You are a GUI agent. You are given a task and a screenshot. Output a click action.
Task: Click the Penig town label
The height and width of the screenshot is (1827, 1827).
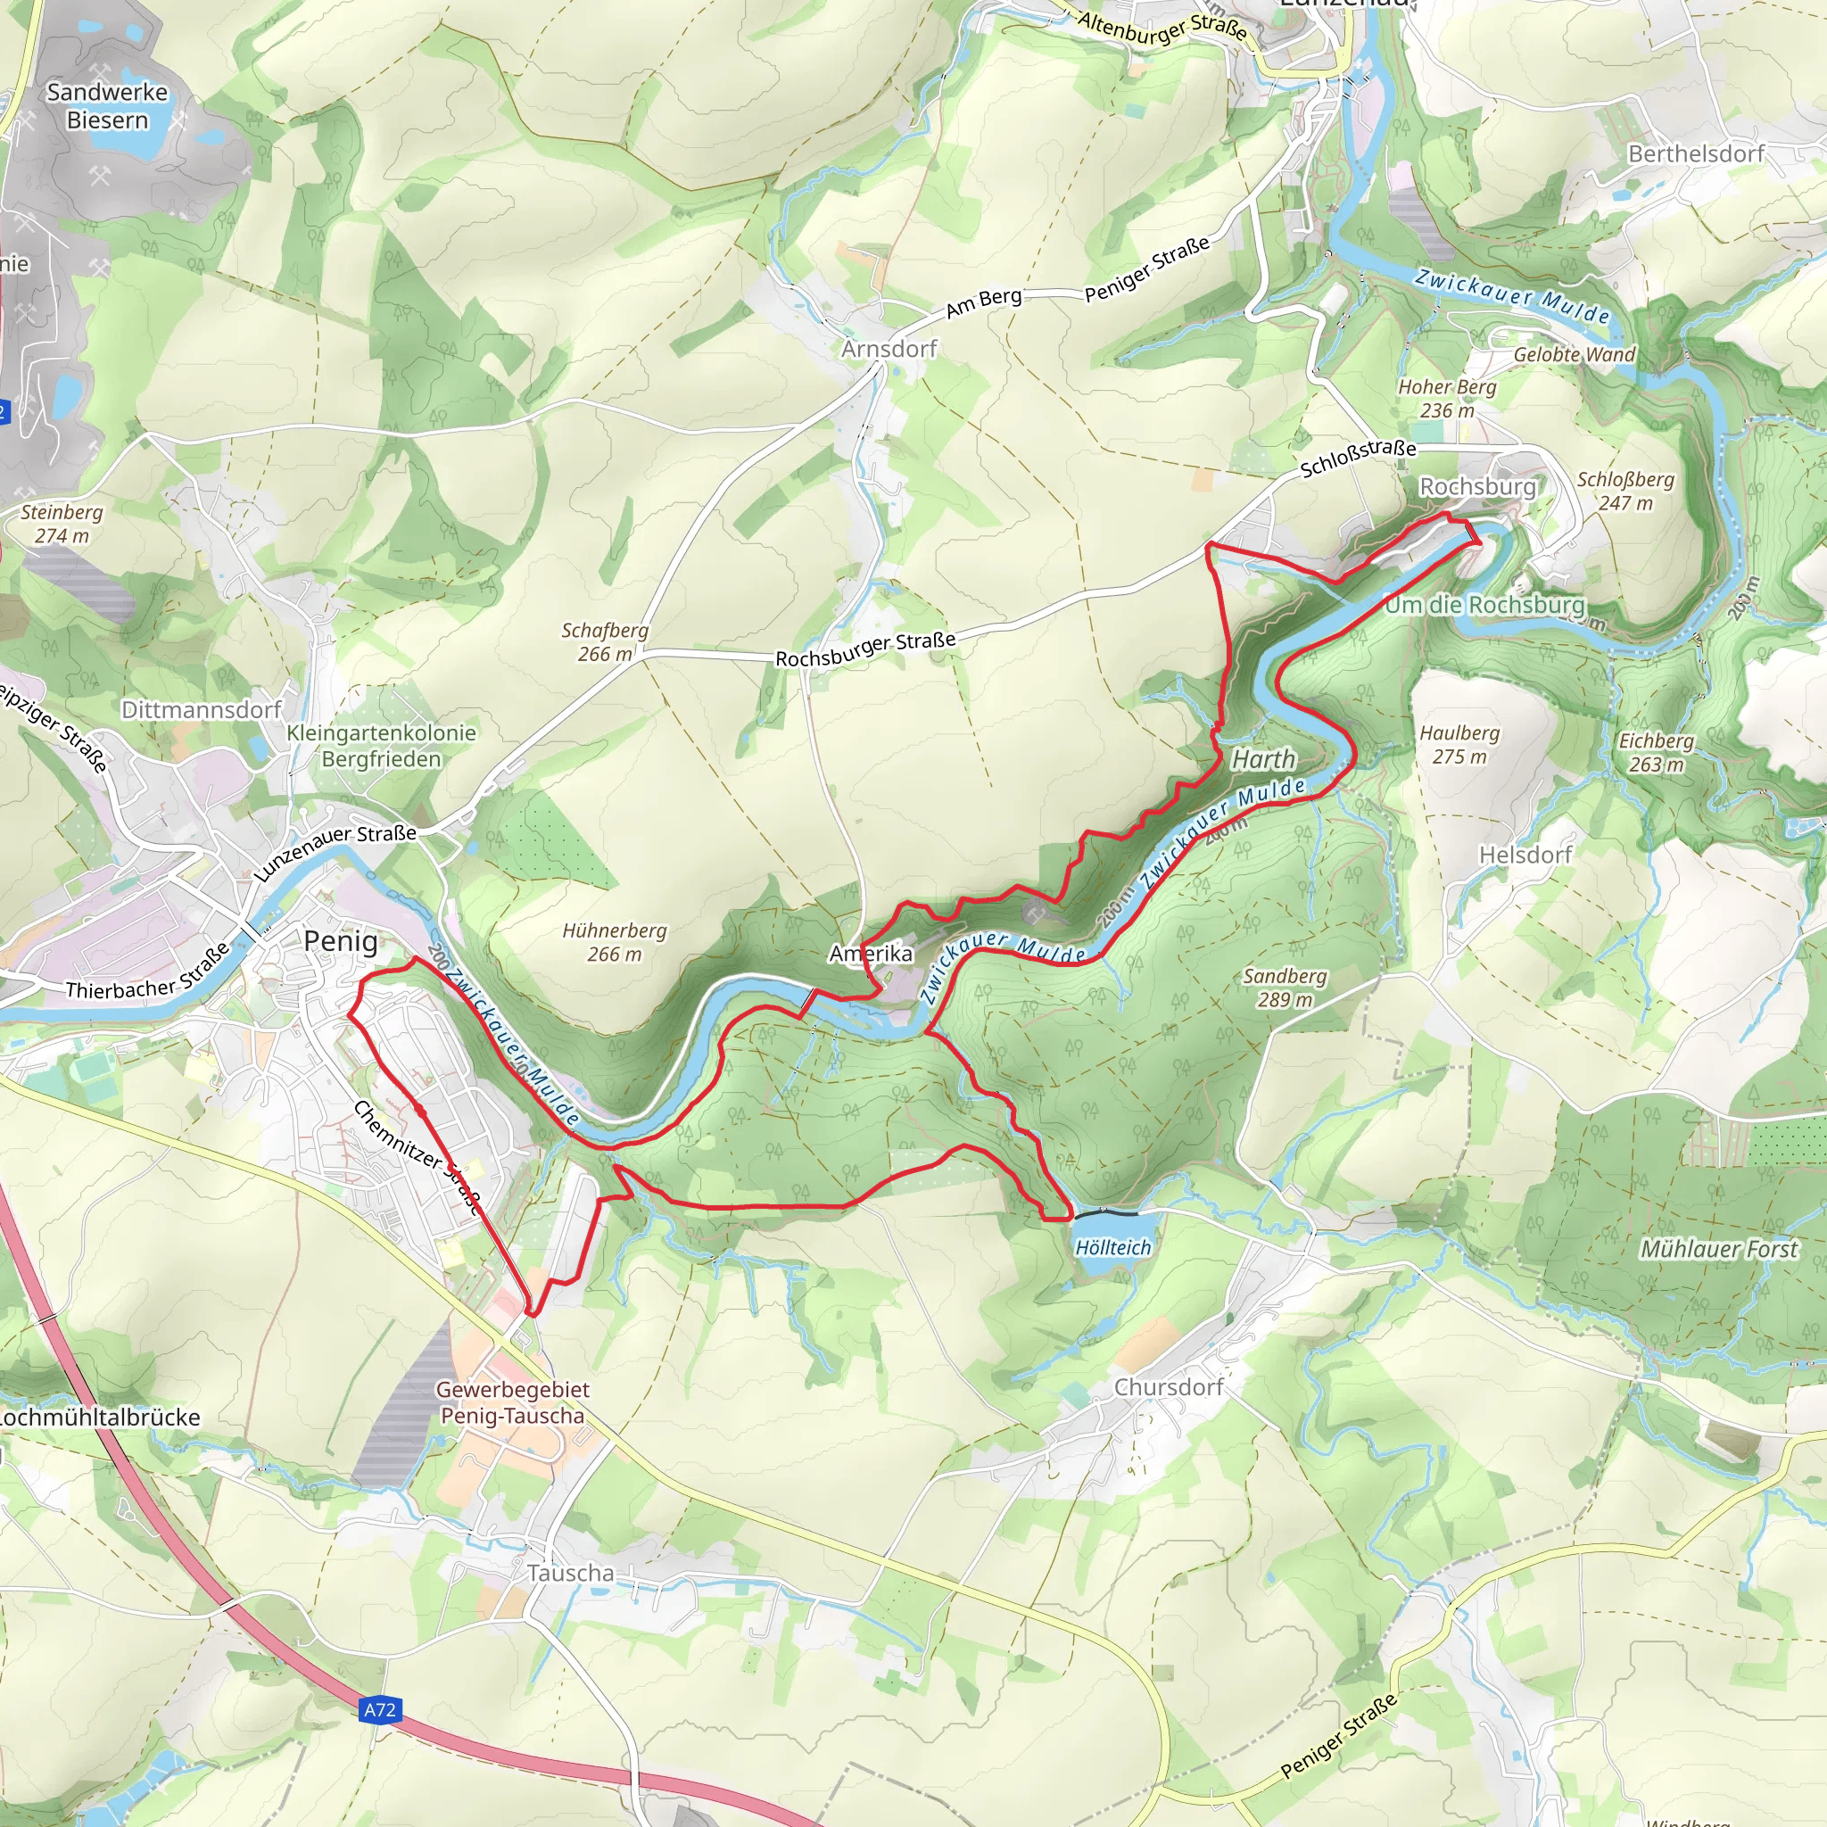(x=341, y=941)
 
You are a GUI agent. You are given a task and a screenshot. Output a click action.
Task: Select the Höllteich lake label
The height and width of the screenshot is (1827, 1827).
(x=1113, y=1247)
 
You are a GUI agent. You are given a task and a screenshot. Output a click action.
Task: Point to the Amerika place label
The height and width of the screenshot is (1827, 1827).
(x=871, y=954)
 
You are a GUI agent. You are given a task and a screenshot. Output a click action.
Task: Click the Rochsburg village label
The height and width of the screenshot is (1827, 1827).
(x=1477, y=486)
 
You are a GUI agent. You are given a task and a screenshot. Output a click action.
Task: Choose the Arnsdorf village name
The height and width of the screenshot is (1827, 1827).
(x=889, y=349)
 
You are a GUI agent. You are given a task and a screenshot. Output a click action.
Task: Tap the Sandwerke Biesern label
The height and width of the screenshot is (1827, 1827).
(x=107, y=106)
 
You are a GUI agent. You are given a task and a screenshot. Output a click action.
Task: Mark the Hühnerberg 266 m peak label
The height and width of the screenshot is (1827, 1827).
(x=615, y=942)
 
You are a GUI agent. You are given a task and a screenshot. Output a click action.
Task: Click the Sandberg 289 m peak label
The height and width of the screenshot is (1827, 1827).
(x=1285, y=988)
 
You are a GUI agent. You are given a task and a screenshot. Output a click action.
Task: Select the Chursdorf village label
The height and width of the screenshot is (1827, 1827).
(x=1169, y=1387)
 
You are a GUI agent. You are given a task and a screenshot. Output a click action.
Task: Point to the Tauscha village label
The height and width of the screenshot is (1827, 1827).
(x=570, y=1574)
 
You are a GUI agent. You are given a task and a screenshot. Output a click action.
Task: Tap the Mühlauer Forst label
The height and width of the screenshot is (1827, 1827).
(x=1718, y=1249)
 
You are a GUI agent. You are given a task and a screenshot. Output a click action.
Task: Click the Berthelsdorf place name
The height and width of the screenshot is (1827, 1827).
(x=1697, y=153)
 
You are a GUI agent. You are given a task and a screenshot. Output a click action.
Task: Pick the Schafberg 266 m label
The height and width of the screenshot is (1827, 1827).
(x=605, y=641)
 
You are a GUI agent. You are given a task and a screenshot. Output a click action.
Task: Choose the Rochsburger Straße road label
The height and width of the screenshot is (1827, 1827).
(x=865, y=649)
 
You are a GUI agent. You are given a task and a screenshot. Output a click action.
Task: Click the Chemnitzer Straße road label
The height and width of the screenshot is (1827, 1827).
(x=417, y=1156)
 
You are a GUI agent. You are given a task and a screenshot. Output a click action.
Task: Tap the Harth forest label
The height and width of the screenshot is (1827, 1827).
(x=1263, y=759)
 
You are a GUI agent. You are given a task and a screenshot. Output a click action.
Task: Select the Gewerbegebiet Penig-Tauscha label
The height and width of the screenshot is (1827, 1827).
(x=513, y=1402)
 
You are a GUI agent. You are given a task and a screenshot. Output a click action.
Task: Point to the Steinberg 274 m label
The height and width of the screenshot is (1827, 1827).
(x=62, y=523)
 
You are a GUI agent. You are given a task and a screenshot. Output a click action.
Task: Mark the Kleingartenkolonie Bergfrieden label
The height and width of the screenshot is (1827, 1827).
(x=381, y=745)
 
